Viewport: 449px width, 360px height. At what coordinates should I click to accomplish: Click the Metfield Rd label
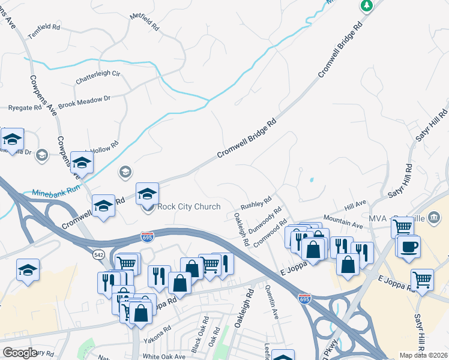coord(143,22)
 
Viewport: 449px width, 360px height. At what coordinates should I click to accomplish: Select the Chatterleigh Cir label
coord(98,77)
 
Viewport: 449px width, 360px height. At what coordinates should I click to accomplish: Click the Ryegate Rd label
coord(25,108)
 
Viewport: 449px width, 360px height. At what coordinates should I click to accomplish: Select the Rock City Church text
coord(189,207)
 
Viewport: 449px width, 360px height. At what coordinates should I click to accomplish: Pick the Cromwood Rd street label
coord(271,234)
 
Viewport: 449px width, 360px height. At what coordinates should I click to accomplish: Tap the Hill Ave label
coord(355,206)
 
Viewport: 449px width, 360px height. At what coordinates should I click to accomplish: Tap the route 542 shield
coord(99,254)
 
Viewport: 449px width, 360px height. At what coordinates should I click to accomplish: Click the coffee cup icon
coord(409,247)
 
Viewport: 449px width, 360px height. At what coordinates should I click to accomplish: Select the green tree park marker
coord(366,5)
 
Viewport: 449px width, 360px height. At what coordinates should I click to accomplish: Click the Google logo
coord(20,353)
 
